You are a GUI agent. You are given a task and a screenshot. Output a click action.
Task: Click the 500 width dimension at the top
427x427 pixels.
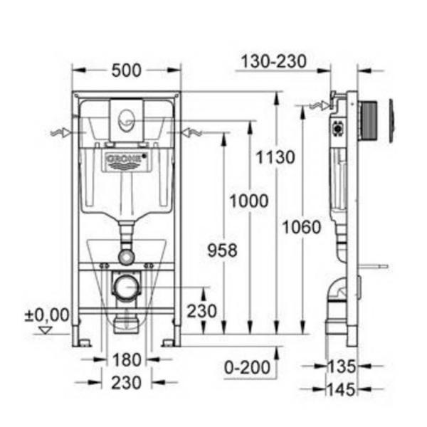(127, 70)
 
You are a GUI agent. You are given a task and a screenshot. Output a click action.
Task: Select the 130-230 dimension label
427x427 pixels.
(274, 61)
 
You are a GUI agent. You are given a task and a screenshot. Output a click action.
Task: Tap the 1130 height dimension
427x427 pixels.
(275, 157)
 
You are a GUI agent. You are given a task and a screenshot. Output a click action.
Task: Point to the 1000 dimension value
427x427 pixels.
(249, 201)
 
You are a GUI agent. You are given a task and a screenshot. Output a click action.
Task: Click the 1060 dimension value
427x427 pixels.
(302, 227)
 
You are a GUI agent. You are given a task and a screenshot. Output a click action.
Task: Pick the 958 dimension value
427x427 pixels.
(223, 251)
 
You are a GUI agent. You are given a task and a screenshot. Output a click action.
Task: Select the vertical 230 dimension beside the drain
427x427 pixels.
(202, 311)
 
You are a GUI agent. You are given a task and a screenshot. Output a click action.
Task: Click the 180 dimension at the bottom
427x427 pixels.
(127, 359)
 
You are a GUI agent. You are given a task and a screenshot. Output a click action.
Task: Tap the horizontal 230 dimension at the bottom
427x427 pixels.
(127, 383)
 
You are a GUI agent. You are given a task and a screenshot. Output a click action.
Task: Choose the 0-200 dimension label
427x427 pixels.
(247, 368)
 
